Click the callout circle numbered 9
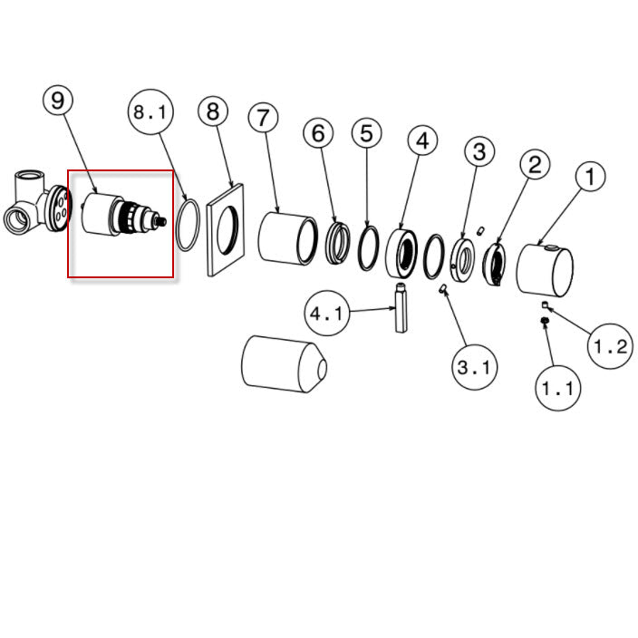(x=58, y=100)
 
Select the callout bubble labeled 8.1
(x=150, y=111)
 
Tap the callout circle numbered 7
(x=263, y=118)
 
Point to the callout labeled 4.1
(x=327, y=314)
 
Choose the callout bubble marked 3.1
(x=475, y=367)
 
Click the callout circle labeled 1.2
(x=611, y=346)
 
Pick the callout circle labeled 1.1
(x=558, y=388)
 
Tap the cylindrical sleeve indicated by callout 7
(x=287, y=239)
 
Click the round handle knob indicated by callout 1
(x=545, y=270)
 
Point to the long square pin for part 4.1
(x=401, y=307)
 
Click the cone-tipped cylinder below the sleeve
(x=284, y=364)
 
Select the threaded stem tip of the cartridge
(x=162, y=221)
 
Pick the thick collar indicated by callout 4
(x=401, y=254)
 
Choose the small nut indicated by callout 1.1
(x=545, y=322)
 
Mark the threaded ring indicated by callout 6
(x=338, y=243)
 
